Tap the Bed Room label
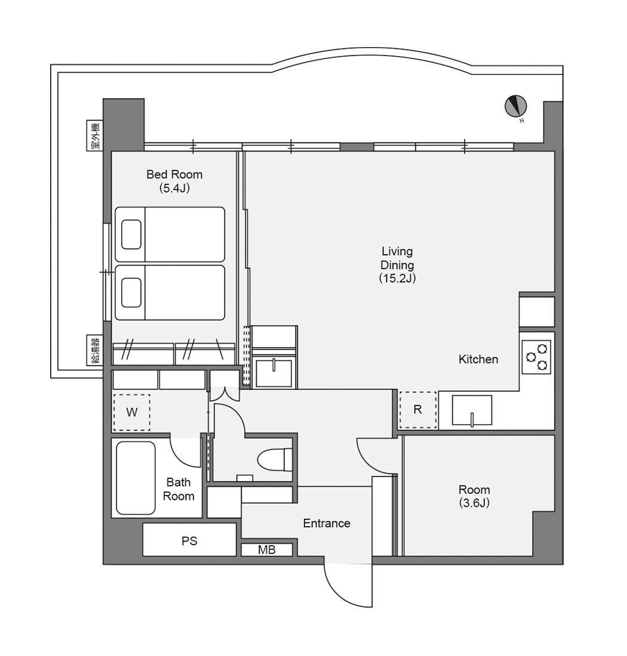[174, 174]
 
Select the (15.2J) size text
[397, 279]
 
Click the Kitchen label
[478, 359]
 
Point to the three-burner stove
[536, 357]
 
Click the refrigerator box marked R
[417, 410]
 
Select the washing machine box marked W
[131, 412]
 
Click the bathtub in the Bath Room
[136, 478]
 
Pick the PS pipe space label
[189, 541]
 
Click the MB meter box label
[267, 550]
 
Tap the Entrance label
[327, 523]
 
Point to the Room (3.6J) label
[474, 496]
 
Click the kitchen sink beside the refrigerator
[472, 410]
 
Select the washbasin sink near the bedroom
[274, 372]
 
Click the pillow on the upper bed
[131, 234]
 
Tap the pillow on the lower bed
[131, 292]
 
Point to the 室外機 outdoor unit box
[95, 135]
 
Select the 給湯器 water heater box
[95, 349]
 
